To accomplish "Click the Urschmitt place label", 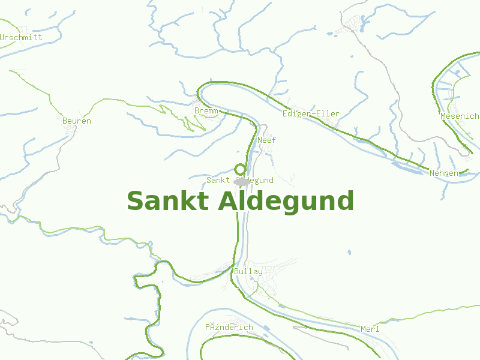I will (22, 37).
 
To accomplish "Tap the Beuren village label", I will (77, 121).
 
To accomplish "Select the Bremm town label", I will (206, 111).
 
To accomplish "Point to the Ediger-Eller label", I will (311, 113).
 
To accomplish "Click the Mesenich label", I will (460, 116).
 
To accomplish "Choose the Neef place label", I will (266, 140).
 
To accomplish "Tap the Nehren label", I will (444, 173).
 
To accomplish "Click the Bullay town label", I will (248, 271).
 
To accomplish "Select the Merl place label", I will (370, 329).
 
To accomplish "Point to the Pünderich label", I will (229, 327).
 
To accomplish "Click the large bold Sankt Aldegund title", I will (240, 201).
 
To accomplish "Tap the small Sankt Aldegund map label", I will (240, 180).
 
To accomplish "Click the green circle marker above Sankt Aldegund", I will (240, 169).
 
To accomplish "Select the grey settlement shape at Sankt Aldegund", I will (241, 181).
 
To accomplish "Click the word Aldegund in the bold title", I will (286, 201).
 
